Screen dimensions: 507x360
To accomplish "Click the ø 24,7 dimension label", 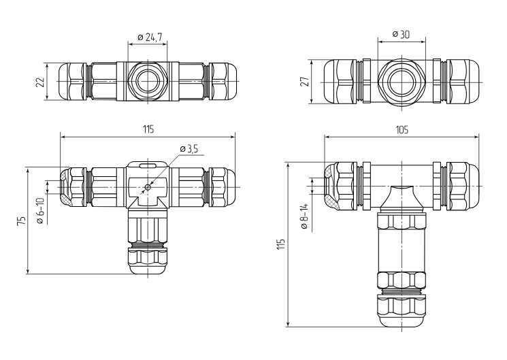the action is pos(150,37).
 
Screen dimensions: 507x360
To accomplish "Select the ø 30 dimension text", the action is pos(401,34).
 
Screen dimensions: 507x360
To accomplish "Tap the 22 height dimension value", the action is pos(40,82).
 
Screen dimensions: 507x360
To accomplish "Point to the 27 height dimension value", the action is pos(306,81).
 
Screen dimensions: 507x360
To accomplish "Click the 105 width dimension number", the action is pos(402,130).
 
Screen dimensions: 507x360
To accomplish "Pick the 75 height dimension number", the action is pos(21,220).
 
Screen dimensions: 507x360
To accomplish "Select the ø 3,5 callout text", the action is pos(189,149).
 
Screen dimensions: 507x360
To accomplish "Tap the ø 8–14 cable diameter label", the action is pos(304,216).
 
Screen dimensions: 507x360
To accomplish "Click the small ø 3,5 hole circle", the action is pos(148,187).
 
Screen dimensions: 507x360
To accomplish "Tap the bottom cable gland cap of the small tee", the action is pos(148,261).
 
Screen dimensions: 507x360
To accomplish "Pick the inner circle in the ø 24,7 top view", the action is pos(148,81).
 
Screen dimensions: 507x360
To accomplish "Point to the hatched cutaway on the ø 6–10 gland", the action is pos(65,186).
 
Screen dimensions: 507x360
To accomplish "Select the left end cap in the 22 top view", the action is pos(72,81).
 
